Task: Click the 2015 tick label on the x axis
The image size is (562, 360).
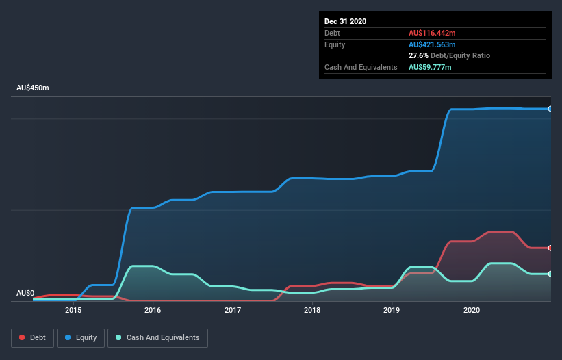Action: (x=73, y=310)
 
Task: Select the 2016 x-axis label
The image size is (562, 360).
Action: (x=153, y=310)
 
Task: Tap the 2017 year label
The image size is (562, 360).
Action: (x=233, y=310)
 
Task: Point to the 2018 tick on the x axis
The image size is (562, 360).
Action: (x=312, y=310)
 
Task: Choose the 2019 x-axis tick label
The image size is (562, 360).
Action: (x=392, y=310)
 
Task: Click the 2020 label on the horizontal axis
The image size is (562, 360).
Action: (x=472, y=310)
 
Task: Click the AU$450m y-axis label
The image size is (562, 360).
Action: (x=33, y=88)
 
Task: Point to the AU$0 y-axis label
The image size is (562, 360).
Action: (x=25, y=293)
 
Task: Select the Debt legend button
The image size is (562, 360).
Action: (x=31, y=337)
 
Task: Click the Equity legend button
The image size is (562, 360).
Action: (x=81, y=337)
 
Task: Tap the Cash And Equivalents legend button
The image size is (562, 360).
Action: (x=158, y=337)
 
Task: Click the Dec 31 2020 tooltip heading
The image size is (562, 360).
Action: (x=346, y=21)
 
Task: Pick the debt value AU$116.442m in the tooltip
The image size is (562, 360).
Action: (x=432, y=33)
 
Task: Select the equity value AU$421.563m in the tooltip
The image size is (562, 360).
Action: (x=432, y=44)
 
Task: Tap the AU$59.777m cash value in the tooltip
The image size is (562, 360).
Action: (x=430, y=67)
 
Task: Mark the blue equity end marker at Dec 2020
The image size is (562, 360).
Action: (x=550, y=109)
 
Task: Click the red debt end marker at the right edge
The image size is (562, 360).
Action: (x=550, y=248)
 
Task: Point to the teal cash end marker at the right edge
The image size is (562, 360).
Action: (x=550, y=274)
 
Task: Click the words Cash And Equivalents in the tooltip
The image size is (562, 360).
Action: (x=361, y=67)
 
